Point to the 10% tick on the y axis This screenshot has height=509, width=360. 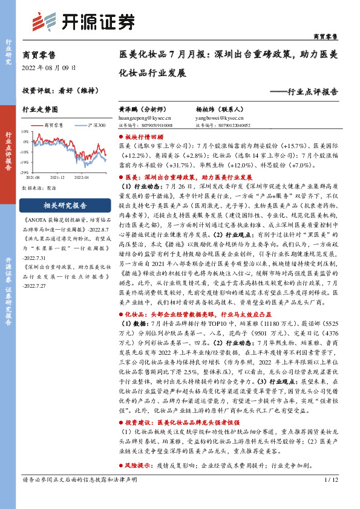coord(24,131)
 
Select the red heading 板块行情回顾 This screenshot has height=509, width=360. coord(145,138)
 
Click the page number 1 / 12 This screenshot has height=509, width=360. coord(330,496)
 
